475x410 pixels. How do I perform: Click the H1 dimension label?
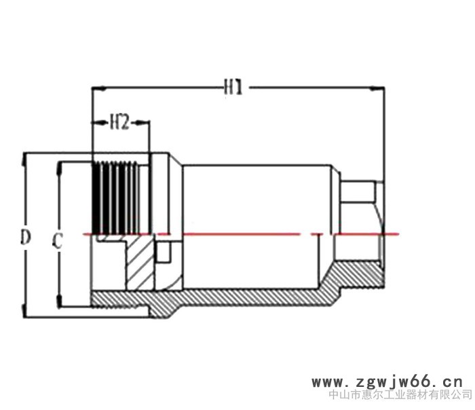click(x=233, y=88)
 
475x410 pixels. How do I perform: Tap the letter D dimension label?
click(x=26, y=237)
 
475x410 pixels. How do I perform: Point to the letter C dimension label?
click(x=57, y=241)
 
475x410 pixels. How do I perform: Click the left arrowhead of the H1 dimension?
click(x=99, y=88)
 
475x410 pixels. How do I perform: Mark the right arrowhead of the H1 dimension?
click(x=377, y=88)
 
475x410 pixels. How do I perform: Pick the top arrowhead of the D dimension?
click(x=24, y=160)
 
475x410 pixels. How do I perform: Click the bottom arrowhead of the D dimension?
click(x=24, y=311)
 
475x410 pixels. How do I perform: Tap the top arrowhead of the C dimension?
click(x=59, y=168)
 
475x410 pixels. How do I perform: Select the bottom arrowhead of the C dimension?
click(x=59, y=301)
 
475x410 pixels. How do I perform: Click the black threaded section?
click(x=115, y=198)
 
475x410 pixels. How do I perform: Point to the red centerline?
click(x=241, y=234)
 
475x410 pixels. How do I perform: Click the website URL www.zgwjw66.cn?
click(x=387, y=382)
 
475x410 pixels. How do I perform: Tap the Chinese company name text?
click(x=400, y=394)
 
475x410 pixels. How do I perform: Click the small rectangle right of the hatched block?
click(x=164, y=252)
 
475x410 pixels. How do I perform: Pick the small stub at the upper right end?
click(x=358, y=192)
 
